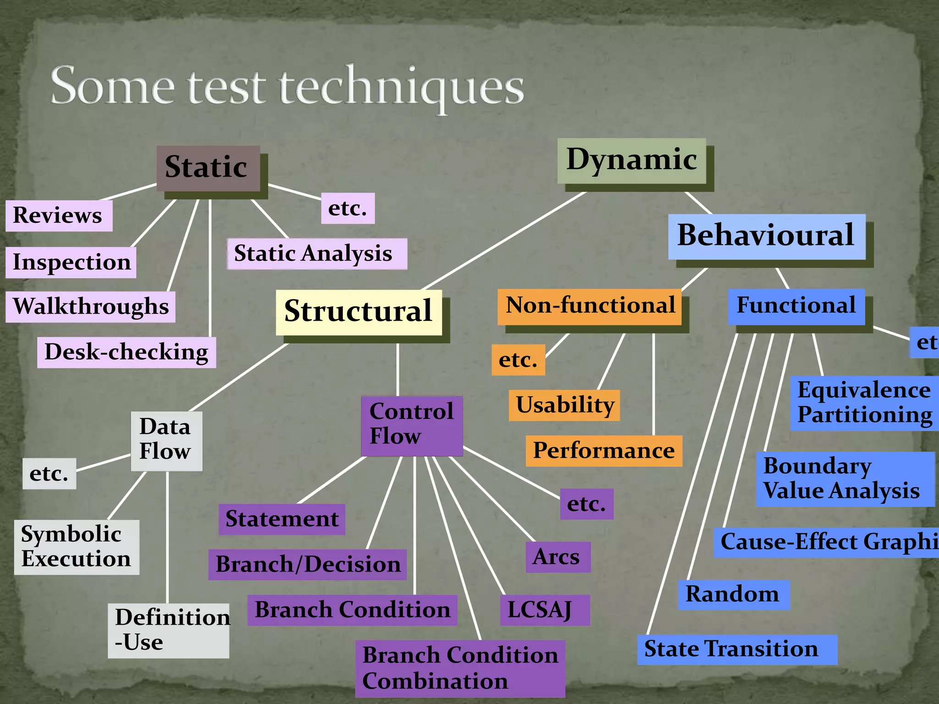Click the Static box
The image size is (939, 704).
208,168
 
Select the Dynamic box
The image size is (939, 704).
631,160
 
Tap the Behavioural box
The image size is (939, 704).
767,236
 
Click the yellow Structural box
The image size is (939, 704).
359,312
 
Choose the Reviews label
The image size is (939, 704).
59,216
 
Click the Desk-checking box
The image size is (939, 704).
127,352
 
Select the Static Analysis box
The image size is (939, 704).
317,254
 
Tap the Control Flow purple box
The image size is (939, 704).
411,426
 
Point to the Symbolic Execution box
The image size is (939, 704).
76,547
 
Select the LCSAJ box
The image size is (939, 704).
545,610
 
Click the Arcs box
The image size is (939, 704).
558,557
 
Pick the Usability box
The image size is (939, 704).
564,406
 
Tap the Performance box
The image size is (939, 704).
603,451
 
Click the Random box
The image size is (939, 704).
733,595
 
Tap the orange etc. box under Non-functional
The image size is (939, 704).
518,360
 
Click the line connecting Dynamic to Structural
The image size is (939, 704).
504,241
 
